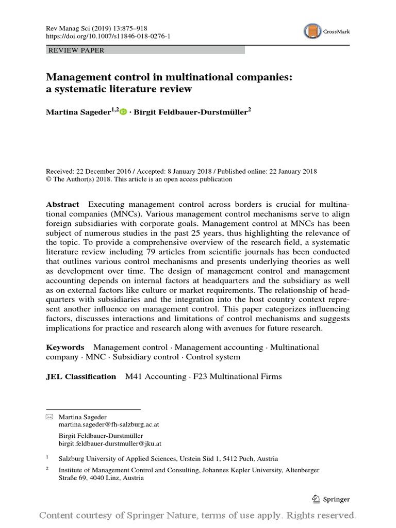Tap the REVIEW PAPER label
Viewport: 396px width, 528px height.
pos(76,51)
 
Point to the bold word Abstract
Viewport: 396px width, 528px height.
pos(63,204)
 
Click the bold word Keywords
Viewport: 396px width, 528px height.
pos(65,348)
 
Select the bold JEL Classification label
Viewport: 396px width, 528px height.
pos(81,376)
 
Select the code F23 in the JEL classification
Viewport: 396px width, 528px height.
pos(200,376)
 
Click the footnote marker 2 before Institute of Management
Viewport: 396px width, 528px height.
pos(48,469)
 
